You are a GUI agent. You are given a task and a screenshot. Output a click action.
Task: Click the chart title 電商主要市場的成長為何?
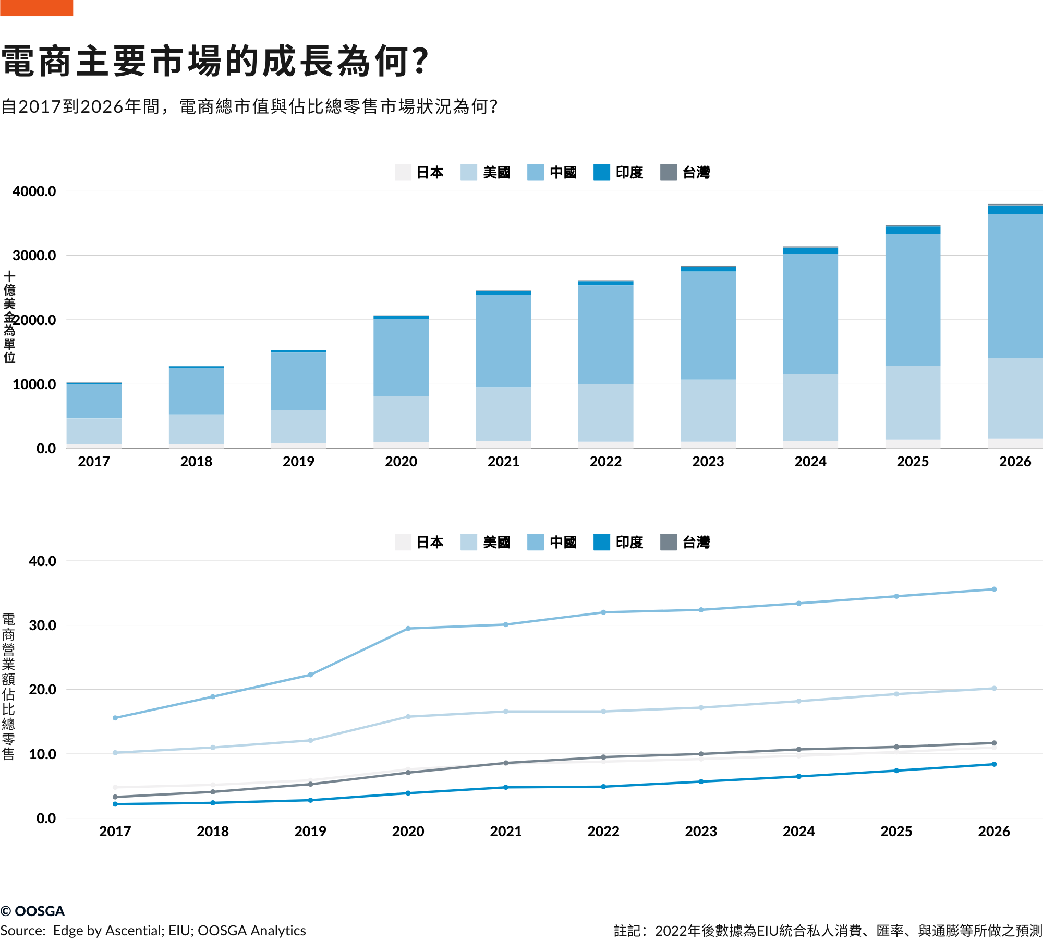215,62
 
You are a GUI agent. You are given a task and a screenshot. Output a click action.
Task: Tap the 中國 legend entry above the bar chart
552,172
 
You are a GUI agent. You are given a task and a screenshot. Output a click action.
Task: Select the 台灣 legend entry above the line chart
685,542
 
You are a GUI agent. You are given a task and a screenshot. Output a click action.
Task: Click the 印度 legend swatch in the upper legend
601,172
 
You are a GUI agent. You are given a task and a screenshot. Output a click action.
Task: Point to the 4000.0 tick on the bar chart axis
34,191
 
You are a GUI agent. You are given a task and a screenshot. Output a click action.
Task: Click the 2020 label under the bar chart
401,462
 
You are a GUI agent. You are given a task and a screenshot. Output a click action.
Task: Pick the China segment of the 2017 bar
94,401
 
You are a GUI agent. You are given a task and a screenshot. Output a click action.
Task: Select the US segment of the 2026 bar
1015,398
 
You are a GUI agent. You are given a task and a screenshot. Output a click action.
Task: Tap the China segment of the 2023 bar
708,324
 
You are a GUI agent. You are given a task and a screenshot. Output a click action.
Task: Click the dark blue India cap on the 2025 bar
913,230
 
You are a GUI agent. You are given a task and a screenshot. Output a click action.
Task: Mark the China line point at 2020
408,629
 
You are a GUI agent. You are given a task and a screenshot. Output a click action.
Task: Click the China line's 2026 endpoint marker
994,589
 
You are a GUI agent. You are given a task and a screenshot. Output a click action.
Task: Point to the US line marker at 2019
310,740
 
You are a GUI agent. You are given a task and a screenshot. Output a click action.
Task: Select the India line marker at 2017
115,804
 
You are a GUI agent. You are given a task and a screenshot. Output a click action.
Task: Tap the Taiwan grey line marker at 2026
994,743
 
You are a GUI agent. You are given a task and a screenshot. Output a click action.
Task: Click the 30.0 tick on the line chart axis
43,625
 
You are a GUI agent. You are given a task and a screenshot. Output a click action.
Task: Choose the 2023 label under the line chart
701,832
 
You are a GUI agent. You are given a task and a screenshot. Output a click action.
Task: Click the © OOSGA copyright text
33,911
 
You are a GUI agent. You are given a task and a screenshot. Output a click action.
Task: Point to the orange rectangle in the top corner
37,8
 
